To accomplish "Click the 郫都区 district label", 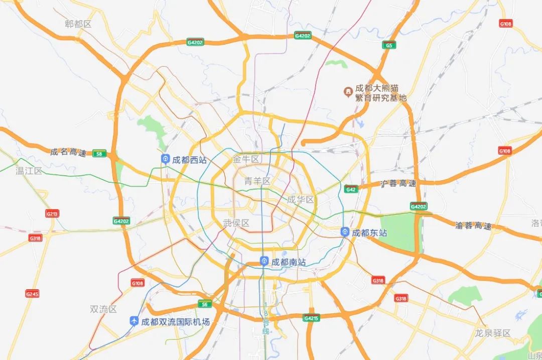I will (78, 24).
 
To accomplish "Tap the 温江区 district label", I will (29, 171).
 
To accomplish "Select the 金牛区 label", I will (246, 159).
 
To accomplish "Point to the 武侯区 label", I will (236, 223).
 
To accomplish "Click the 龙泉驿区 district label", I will (493, 333).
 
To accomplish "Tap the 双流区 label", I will (103, 309).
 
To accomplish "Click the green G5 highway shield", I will (388, 45).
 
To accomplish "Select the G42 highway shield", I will (351, 189).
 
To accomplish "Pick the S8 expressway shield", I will (99, 154).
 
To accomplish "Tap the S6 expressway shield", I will (204, 304).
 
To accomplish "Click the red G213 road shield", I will (52, 213).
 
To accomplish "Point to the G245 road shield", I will (32, 293).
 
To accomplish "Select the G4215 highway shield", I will (311, 318).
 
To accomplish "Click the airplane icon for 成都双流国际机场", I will (134, 321).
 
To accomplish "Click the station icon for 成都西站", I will (165, 160).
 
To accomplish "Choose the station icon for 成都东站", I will (345, 232).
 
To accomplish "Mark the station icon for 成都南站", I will (264, 262).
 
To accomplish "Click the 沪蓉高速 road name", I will (398, 184).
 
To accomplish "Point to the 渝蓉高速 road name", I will (473, 225).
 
